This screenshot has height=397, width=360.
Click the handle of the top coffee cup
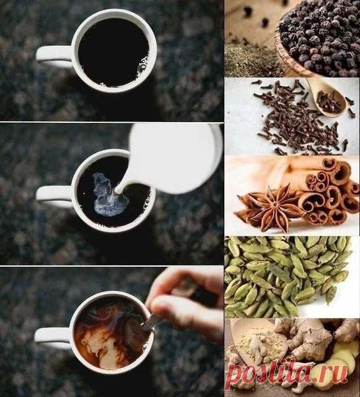tap(52, 55)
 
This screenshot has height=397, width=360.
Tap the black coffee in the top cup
tap(114, 52)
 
